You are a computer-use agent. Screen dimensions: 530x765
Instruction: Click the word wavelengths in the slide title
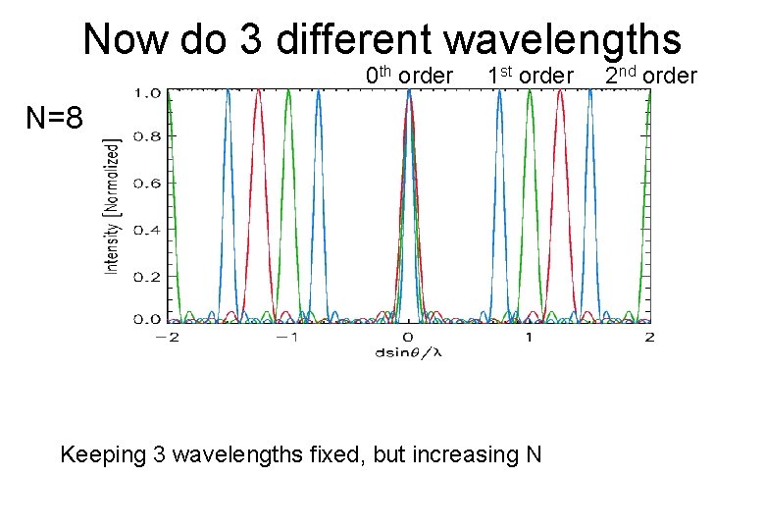click(x=563, y=40)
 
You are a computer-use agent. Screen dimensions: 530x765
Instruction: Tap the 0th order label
click(x=409, y=76)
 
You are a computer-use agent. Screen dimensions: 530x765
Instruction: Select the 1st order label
click(x=530, y=76)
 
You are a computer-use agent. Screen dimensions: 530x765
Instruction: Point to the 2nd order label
click(x=650, y=76)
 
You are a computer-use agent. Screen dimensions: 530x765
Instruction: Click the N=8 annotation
click(x=61, y=119)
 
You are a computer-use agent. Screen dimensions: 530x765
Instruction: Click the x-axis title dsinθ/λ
click(x=409, y=352)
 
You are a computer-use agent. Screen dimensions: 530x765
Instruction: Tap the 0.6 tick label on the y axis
click(x=147, y=183)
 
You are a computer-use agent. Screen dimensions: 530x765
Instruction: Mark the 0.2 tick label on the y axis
click(x=147, y=276)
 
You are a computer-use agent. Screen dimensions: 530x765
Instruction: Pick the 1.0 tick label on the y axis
click(x=147, y=93)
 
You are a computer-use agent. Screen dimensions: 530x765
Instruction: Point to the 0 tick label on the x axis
click(x=409, y=337)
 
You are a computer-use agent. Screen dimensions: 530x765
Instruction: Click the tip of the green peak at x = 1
click(x=530, y=91)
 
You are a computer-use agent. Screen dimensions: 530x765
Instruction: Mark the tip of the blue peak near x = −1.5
click(x=228, y=91)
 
